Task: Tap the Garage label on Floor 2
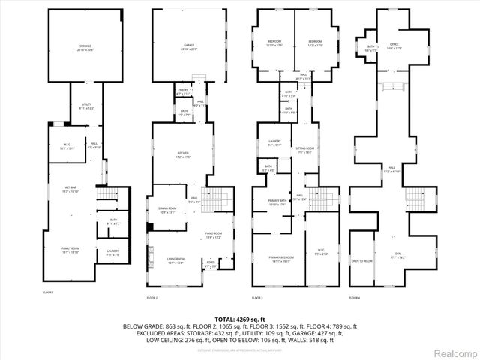(189, 47)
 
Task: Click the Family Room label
(71, 251)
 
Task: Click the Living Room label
(175, 261)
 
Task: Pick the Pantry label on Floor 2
(184, 91)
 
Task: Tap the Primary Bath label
(268, 202)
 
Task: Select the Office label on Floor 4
(392, 46)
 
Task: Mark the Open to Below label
(361, 261)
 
